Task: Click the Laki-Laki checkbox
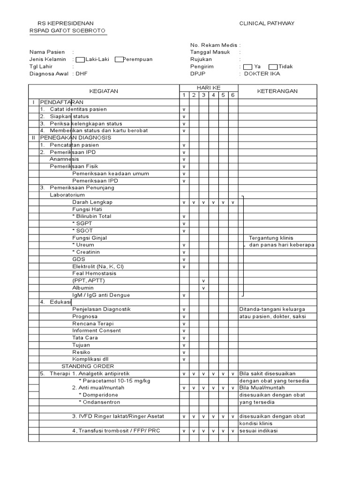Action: [80, 60]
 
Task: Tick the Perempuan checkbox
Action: [119, 60]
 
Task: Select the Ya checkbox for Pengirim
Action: [248, 67]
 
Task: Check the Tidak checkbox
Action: [273, 67]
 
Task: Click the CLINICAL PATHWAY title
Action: [267, 23]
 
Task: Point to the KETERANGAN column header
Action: [277, 91]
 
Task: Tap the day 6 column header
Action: [233, 95]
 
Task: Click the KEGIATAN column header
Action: [104, 91]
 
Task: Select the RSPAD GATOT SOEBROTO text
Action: [68, 31]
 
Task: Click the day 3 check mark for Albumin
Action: [203, 288]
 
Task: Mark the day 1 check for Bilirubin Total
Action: [184, 217]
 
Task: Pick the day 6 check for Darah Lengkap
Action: [233, 202]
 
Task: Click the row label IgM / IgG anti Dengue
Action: [101, 295]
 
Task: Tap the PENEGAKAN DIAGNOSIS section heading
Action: [76, 138]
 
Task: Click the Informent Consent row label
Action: [96, 330]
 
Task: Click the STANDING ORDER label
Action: [88, 366]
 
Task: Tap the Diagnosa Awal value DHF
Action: [82, 74]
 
